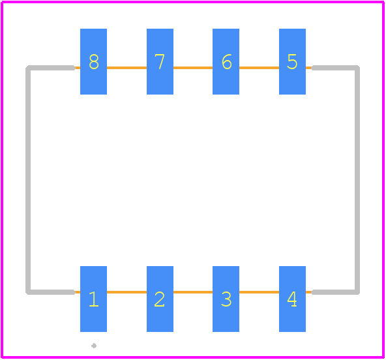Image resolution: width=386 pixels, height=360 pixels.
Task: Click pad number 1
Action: [x=93, y=299]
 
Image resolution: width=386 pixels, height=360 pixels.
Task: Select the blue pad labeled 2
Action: [x=160, y=299]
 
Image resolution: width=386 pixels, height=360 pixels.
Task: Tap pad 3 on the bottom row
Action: [x=226, y=299]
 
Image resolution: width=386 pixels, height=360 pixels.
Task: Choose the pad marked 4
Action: [x=292, y=299]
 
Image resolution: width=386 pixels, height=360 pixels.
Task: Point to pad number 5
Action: [x=292, y=61]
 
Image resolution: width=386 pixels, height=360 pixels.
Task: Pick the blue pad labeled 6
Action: [x=226, y=61]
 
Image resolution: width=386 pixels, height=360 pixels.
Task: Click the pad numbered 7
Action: [x=160, y=61]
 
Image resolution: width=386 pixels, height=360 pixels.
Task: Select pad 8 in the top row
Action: [x=93, y=61]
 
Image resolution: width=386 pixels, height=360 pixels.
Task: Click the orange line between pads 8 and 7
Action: [x=126, y=68]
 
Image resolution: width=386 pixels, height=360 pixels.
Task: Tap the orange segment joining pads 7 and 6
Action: [x=193, y=68]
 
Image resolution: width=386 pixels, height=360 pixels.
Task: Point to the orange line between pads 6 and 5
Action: [x=259, y=68]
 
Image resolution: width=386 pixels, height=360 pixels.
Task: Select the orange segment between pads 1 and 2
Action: [x=126, y=292]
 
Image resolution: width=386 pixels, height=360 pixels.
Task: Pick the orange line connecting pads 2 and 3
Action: [x=193, y=292]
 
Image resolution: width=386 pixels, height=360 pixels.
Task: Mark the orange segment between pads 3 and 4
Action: [x=259, y=292]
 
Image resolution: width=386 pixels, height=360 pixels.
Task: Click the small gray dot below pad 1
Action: [x=94, y=346]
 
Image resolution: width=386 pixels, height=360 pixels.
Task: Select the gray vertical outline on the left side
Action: [x=28, y=180]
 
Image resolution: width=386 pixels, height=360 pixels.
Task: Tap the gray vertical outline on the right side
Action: [x=357, y=180]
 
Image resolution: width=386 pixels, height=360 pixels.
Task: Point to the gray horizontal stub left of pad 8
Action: [x=50, y=68]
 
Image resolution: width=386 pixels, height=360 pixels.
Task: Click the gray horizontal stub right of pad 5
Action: [x=336, y=68]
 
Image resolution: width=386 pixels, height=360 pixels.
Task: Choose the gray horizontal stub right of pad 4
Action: [x=336, y=292]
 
